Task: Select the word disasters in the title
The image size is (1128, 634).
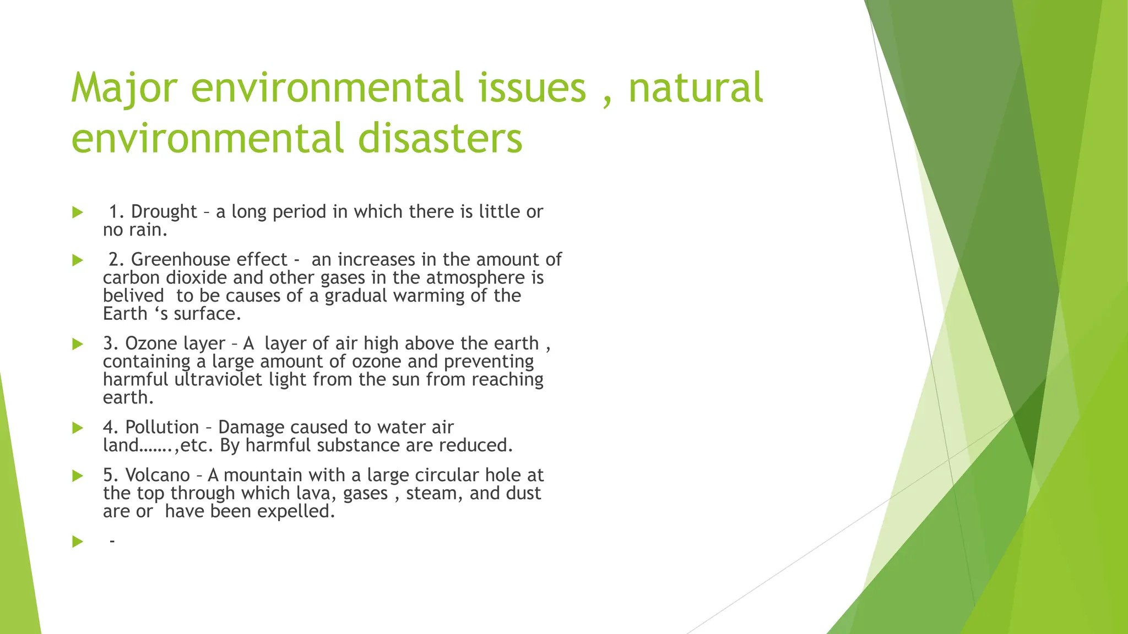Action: coord(440,138)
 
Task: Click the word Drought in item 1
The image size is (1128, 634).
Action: coord(164,212)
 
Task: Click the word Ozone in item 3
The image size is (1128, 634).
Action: coord(147,343)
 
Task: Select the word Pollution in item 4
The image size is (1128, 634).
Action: coord(162,428)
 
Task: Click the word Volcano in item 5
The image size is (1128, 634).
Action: coord(157,475)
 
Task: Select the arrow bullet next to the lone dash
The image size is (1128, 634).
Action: coord(78,542)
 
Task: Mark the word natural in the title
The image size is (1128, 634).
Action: coord(695,89)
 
